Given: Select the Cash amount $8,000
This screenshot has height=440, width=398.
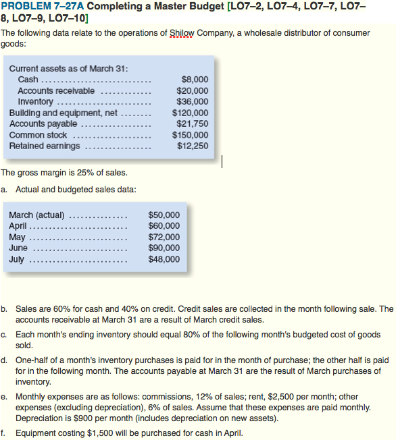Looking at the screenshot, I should [x=195, y=80].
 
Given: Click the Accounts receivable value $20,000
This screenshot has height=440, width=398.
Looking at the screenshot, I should [x=193, y=90].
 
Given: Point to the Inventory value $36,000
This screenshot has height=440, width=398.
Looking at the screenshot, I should [x=193, y=101].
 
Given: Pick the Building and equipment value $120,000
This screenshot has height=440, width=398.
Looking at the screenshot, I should [x=191, y=113].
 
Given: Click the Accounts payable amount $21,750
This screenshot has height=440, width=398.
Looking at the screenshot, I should [x=192, y=123].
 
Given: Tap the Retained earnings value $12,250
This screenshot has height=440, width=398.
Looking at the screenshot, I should [x=193, y=145].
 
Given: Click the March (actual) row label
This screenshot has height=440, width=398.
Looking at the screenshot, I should [x=36, y=215].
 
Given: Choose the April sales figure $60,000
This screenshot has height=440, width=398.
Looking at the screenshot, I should [x=164, y=226].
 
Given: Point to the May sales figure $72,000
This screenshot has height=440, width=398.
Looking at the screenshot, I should [x=164, y=237].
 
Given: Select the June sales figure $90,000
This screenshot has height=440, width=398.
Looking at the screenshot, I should [x=164, y=248].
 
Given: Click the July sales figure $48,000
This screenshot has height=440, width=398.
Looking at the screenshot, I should [x=164, y=258].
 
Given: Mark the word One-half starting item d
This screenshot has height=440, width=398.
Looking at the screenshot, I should [x=33, y=360].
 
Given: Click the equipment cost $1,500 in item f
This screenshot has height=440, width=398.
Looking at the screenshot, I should [x=84, y=433].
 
